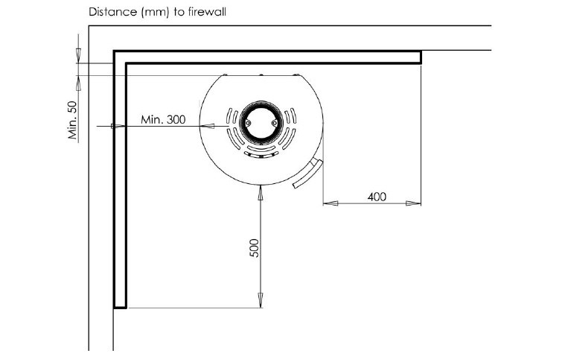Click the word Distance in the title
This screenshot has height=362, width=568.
pyautogui.click(x=112, y=12)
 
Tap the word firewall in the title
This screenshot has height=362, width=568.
pyautogui.click(x=207, y=12)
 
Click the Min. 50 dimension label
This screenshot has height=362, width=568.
pyautogui.click(x=73, y=121)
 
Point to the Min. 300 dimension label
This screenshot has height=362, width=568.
pyautogui.click(x=163, y=119)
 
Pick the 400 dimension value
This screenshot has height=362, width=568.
pyautogui.click(x=377, y=197)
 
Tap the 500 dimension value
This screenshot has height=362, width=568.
pyautogui.click(x=255, y=248)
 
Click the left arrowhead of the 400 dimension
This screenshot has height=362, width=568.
pyautogui.click(x=331, y=203)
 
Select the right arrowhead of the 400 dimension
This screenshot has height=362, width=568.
pyautogui.click(x=413, y=203)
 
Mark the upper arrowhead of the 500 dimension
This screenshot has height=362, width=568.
pyautogui.click(x=261, y=193)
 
